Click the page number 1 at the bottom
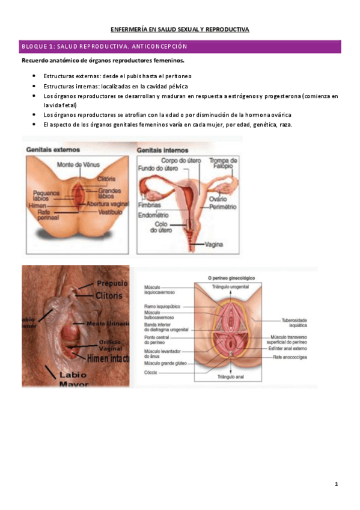(337, 484)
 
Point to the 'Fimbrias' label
(150, 204)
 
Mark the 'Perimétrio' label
(221, 206)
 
